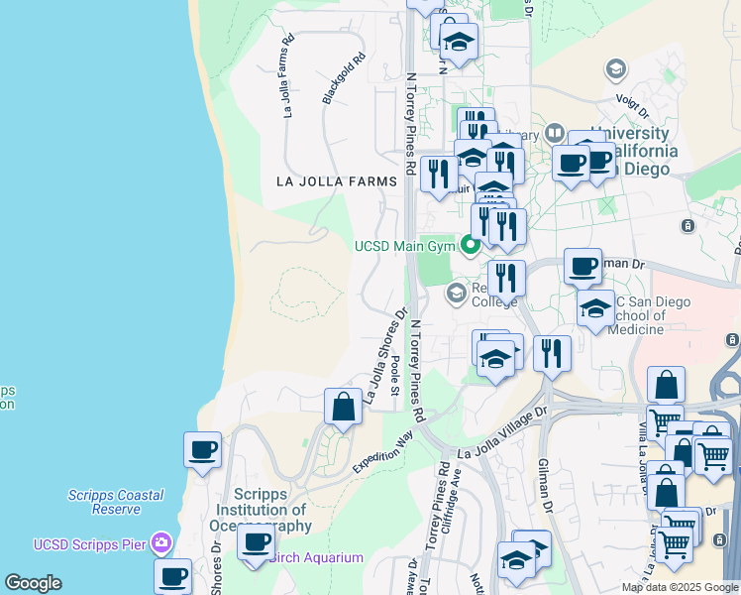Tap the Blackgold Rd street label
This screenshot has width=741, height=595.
coord(344,78)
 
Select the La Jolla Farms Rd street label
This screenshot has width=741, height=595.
coord(288,78)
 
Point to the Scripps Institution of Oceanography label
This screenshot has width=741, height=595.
coord(272,510)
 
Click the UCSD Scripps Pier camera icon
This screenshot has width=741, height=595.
coord(161,543)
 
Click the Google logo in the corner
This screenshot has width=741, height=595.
coord(33,583)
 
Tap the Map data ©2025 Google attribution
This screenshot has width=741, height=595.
coord(679,587)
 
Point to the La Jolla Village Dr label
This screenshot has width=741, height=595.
coord(502,433)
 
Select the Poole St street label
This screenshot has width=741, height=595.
coord(394,374)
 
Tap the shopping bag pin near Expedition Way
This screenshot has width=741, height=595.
coord(343,407)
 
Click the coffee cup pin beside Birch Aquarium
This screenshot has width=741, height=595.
coord(256,542)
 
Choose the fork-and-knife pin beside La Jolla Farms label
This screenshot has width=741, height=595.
coord(437,175)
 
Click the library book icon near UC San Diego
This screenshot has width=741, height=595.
coord(554,133)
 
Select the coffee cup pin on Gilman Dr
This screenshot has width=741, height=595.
coord(582,265)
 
